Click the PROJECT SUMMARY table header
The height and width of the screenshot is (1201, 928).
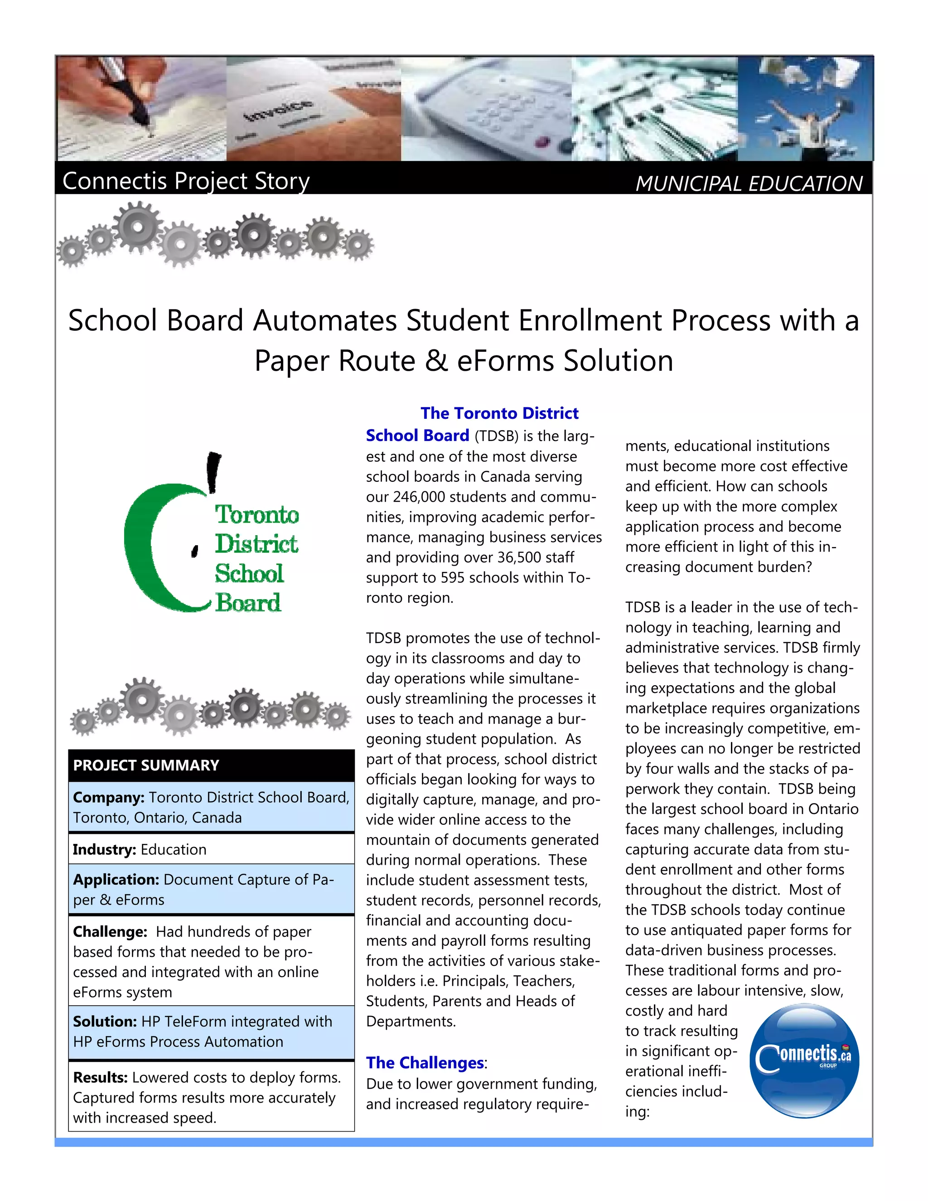tap(146, 765)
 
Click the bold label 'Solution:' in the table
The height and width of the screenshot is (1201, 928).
tap(105, 1021)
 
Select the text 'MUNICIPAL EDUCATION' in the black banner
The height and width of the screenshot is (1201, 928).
tap(748, 184)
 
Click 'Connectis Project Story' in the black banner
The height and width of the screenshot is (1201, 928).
tap(186, 180)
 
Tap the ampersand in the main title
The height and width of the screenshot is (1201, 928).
tap(436, 361)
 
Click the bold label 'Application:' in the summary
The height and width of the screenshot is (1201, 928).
tap(116, 879)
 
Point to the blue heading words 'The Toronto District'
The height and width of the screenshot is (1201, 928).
tap(499, 413)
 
